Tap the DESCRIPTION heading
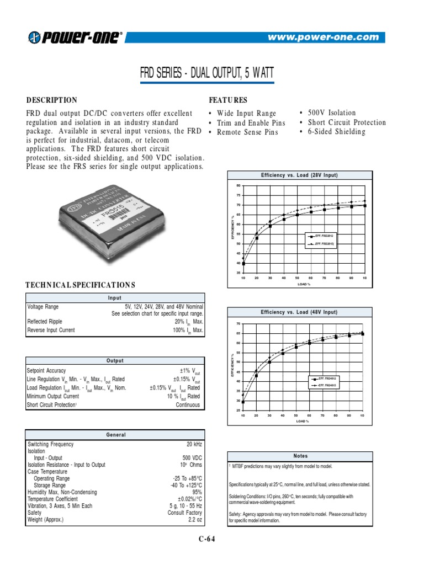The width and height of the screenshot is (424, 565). coord(52,100)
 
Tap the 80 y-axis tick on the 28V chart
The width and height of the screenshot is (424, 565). coord(239,185)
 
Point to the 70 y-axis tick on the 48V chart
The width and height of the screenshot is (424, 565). coord(239,323)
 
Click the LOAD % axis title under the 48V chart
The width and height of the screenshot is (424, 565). coord(303,421)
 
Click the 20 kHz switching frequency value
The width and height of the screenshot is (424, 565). coord(194,444)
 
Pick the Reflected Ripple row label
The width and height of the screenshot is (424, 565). coord(45,322)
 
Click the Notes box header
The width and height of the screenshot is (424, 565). coord(300,456)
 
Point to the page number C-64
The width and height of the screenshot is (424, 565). coord(206,540)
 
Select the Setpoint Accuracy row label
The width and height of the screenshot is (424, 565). coord(46,371)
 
